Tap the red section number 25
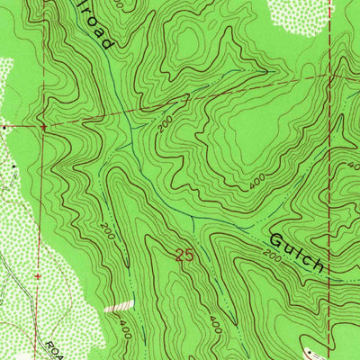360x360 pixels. [185, 256]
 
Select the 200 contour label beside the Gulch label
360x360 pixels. [273, 258]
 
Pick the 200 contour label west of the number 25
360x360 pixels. [107, 230]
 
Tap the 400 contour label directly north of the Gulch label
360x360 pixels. [257, 184]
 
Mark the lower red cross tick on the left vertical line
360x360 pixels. [37, 274]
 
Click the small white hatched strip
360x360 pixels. [118, 307]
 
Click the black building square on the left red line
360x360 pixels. [4, 128]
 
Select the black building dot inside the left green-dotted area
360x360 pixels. [15, 167]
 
